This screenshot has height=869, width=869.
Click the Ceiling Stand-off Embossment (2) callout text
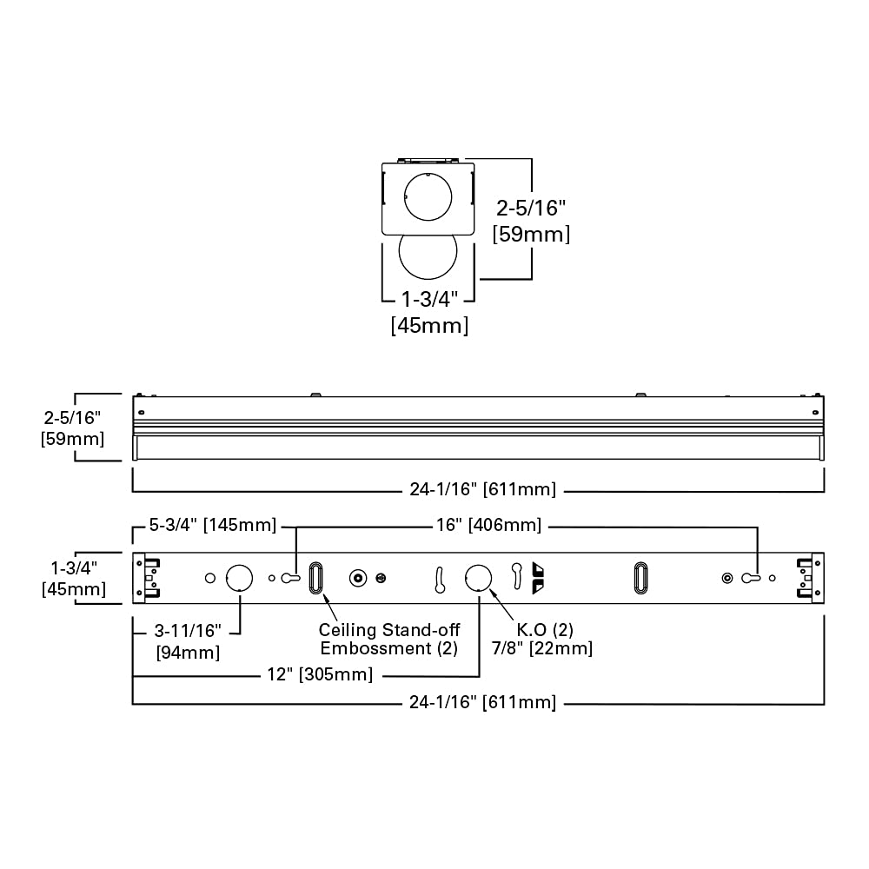[x=388, y=640]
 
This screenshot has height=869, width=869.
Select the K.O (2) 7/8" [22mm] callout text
[x=546, y=640]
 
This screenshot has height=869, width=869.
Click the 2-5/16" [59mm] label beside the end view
[x=531, y=221]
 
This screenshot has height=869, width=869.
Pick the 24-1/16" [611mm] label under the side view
[x=482, y=489]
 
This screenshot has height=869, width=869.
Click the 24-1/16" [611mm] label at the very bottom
[x=482, y=702]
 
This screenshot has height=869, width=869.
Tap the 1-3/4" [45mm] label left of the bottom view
[x=74, y=579]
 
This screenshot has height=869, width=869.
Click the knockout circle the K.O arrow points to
[x=478, y=577]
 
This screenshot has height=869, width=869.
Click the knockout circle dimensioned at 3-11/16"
[x=239, y=577]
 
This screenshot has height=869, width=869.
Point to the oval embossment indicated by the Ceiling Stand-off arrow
[x=315, y=578]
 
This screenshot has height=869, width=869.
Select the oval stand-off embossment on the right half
[x=640, y=578]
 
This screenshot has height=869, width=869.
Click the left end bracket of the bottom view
[x=147, y=578]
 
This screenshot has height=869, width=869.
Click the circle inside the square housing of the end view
[x=428, y=196]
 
